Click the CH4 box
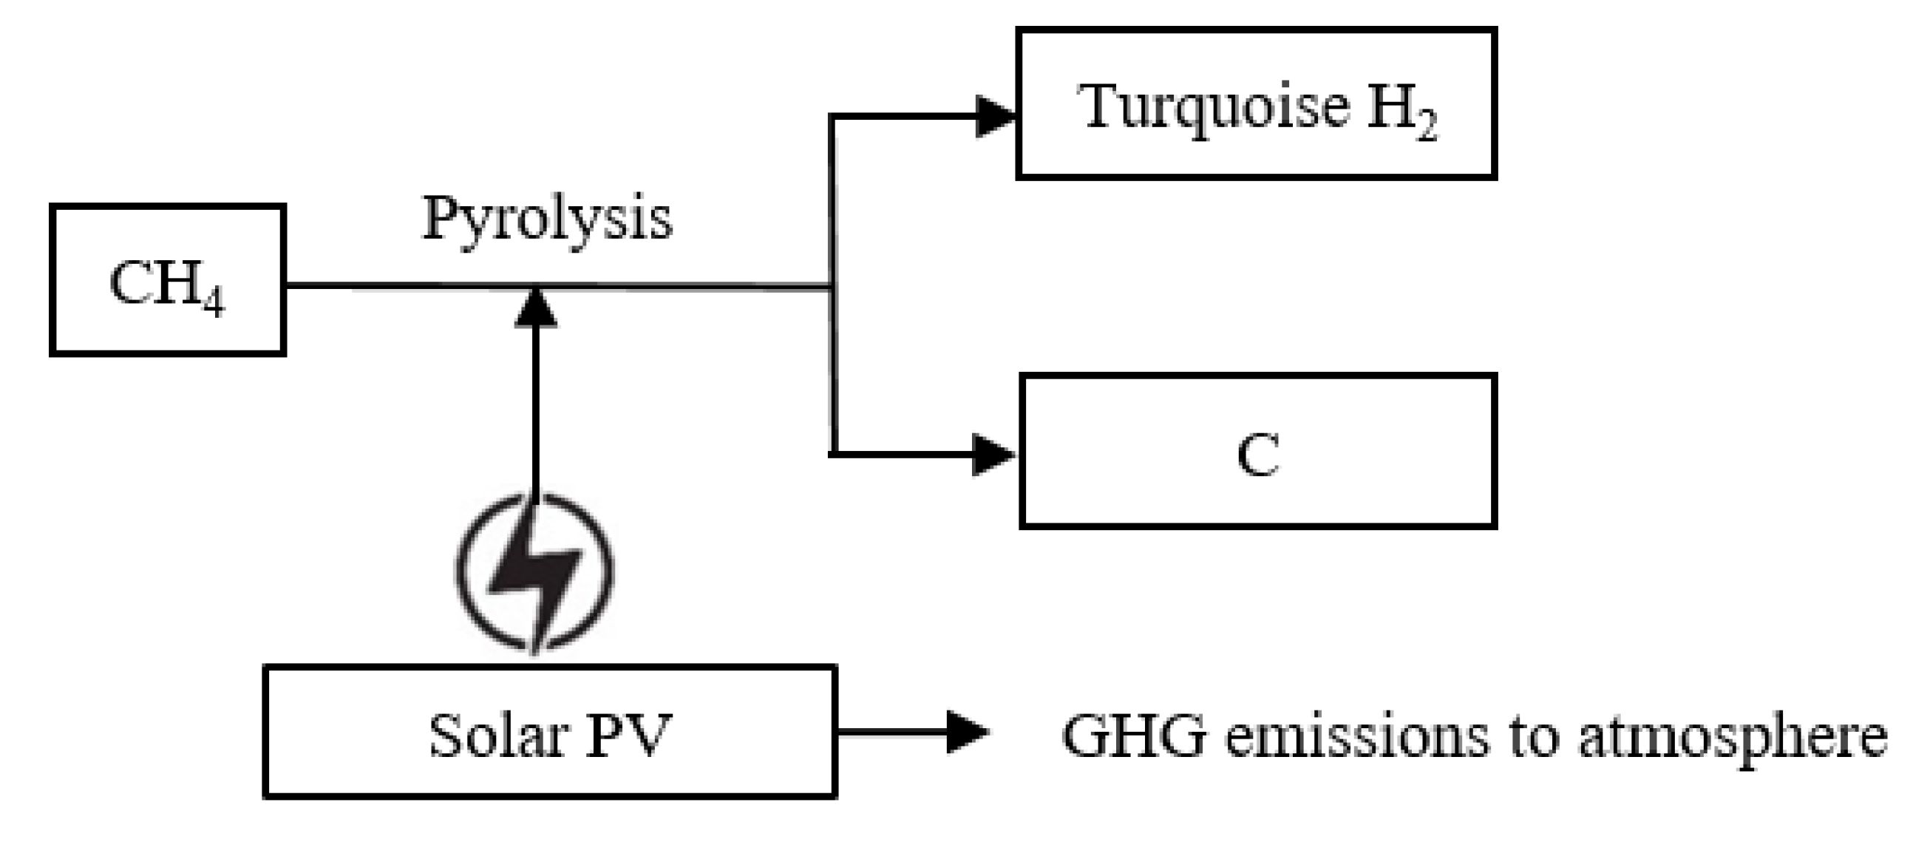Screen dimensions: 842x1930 click(x=168, y=279)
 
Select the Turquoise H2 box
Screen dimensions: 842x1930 click(x=1256, y=103)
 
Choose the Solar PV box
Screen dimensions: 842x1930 click(x=550, y=732)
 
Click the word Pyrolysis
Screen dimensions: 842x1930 click(x=547, y=218)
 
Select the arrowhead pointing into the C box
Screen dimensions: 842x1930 click(x=993, y=454)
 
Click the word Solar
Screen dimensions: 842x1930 click(x=496, y=736)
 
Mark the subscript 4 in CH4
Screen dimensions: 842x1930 click(x=214, y=302)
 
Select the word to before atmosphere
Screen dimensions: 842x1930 click(x=1533, y=736)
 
